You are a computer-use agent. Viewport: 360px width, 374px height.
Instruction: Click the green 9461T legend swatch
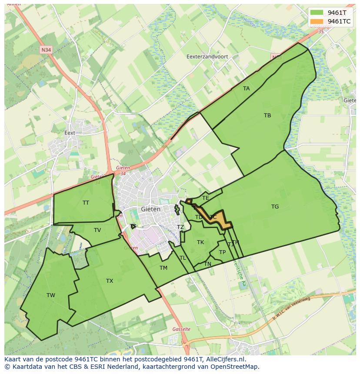tap(317, 13)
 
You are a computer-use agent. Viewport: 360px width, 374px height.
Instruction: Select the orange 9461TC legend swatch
tap(317, 21)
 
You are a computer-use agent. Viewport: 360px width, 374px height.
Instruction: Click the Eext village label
tap(70, 133)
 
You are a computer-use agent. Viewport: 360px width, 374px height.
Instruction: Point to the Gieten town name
tap(151, 209)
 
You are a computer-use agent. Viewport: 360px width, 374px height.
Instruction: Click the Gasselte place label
tap(181, 329)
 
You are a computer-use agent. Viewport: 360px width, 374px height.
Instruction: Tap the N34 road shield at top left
tap(46, 50)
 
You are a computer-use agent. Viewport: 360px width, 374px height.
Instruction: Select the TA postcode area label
tap(247, 89)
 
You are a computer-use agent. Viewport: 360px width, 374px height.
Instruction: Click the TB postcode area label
tap(267, 116)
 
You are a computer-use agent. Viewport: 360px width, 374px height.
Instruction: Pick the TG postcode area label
tap(275, 207)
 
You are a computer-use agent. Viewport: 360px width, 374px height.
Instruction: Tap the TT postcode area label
tap(86, 203)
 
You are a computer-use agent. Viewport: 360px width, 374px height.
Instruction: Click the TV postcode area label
tap(97, 230)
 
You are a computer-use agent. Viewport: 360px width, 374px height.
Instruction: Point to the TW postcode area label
tap(51, 295)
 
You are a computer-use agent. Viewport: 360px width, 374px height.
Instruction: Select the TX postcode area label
tap(110, 281)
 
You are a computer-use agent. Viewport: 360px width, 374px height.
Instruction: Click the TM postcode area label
tap(163, 268)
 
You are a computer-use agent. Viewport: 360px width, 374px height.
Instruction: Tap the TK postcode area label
tap(200, 242)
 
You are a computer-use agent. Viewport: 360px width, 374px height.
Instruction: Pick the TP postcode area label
tap(222, 252)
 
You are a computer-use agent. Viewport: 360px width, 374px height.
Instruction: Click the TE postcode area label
tap(206, 198)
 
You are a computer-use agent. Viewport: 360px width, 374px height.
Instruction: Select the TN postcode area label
tap(208, 264)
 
